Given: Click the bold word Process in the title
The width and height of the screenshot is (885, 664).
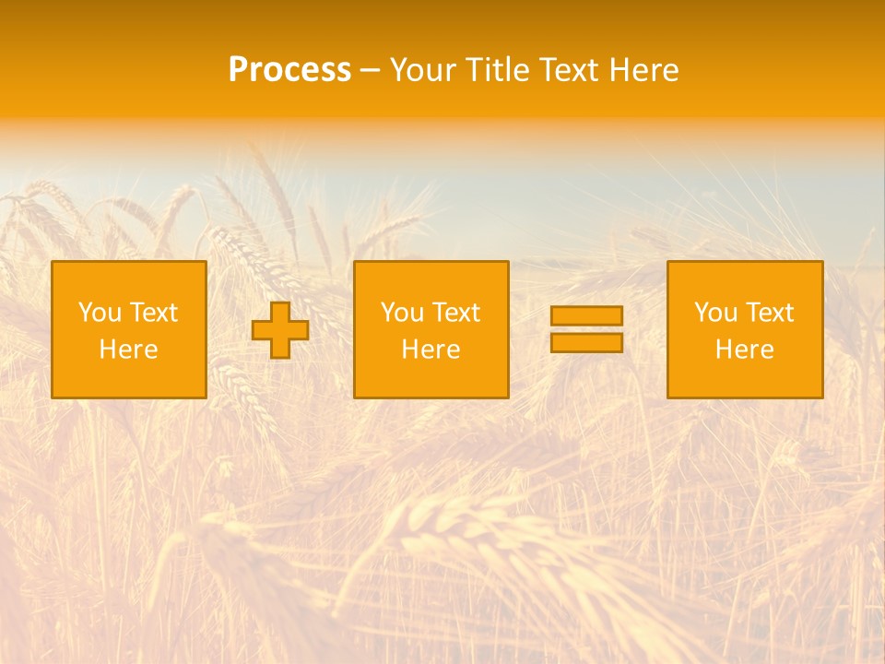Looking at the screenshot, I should pyautogui.click(x=289, y=70).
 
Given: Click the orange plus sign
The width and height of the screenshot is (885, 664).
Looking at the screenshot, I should pyautogui.click(x=280, y=330).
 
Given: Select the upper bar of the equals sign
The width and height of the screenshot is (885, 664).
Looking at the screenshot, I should pyautogui.click(x=586, y=315).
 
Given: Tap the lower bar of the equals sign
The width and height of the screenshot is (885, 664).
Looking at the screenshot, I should pyautogui.click(x=586, y=343).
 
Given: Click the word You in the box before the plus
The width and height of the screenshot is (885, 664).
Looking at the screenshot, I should pyautogui.click(x=100, y=313).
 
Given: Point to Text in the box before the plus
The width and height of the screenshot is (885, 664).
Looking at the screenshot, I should pyautogui.click(x=153, y=313).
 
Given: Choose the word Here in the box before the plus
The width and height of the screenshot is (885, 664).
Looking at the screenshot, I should pyautogui.click(x=128, y=350).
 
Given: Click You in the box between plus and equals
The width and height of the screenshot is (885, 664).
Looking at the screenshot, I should pyautogui.click(x=402, y=313).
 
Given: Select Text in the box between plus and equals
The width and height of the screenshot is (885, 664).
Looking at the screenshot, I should pyautogui.click(x=455, y=313).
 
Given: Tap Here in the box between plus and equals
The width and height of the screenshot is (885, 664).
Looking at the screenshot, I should pyautogui.click(x=431, y=350).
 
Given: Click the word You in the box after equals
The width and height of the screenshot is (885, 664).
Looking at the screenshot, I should pyautogui.click(x=715, y=313).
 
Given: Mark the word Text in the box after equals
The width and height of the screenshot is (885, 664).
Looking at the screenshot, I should pyautogui.click(x=769, y=313).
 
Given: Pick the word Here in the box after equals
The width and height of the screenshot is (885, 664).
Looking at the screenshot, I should pyautogui.click(x=744, y=350).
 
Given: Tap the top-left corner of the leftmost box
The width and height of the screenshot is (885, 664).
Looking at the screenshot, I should pyautogui.click(x=52, y=262).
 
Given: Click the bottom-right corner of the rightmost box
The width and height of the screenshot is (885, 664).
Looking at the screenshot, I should pyautogui.click(x=822, y=397).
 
